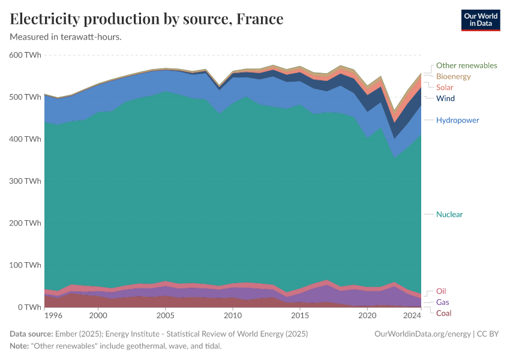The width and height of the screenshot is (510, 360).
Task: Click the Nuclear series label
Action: [449, 214]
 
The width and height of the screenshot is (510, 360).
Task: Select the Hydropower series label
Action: [457, 120]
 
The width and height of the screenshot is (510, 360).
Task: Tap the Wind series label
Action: [445, 98]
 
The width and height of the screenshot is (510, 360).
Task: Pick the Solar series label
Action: [445, 88]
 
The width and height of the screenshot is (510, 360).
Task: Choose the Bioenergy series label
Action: [453, 77]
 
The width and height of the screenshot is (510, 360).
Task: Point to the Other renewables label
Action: [466, 65]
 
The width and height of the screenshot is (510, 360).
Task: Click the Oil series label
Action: [441, 292]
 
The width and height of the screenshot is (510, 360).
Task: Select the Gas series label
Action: [442, 302]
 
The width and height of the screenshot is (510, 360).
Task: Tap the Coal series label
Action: [443, 313]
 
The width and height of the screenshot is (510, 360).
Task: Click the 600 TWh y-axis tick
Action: [25, 55]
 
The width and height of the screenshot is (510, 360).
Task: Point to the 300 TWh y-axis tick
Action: [25, 181]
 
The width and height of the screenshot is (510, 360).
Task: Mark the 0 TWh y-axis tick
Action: [29, 307]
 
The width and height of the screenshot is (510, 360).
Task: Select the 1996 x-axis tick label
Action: [53, 316]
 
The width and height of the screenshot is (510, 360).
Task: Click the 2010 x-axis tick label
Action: [232, 316]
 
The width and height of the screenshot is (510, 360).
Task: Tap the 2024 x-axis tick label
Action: [412, 316]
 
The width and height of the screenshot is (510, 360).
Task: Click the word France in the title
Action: [259, 19]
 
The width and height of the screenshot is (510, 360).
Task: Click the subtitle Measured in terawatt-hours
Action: [66, 37]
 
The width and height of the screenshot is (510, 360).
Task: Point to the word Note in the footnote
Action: [20, 346]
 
